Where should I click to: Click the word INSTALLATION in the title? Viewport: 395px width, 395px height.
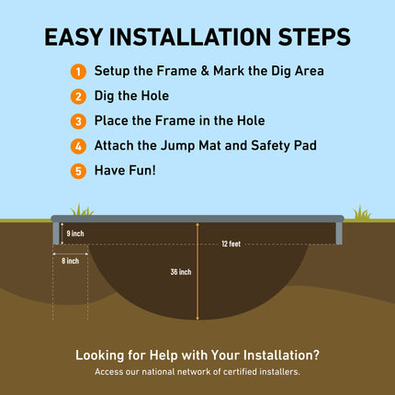pos(198,38)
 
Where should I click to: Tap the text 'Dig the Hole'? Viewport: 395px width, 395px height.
pos(130,96)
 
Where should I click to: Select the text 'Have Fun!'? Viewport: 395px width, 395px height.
pos(125,170)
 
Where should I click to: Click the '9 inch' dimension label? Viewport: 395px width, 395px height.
pos(75,234)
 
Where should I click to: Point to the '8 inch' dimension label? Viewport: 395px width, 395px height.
pos(71,261)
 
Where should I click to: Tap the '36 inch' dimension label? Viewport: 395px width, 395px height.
pos(181,272)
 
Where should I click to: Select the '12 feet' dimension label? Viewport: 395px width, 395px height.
pos(231,244)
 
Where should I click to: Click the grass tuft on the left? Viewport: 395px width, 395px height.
pos(83,211)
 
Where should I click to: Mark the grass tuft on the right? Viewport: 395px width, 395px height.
pos(361,212)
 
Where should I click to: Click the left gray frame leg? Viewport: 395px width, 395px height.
pos(56,233)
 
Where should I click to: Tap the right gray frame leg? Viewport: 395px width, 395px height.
pos(339,233)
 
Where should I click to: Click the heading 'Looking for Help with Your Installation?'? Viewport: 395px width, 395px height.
pos(197,355)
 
